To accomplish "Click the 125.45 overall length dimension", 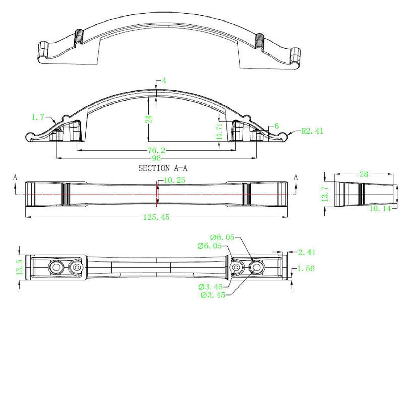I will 156,217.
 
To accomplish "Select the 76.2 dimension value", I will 156,151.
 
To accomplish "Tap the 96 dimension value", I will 156,158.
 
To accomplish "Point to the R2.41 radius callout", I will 312,131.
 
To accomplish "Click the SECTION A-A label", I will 163,168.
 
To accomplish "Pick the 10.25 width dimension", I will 174,180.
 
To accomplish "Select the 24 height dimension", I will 150,119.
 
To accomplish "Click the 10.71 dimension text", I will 219,131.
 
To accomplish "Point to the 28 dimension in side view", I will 364,174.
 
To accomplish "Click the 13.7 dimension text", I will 326,194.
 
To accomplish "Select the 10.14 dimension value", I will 380,209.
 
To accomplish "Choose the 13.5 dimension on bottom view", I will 20,267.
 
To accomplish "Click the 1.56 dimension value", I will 306,268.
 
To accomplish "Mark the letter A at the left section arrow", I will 15,178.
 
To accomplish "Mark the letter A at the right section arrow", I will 296,178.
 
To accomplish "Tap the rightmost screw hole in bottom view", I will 256,267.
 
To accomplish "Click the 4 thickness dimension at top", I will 164,81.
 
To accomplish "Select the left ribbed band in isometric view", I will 79,36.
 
